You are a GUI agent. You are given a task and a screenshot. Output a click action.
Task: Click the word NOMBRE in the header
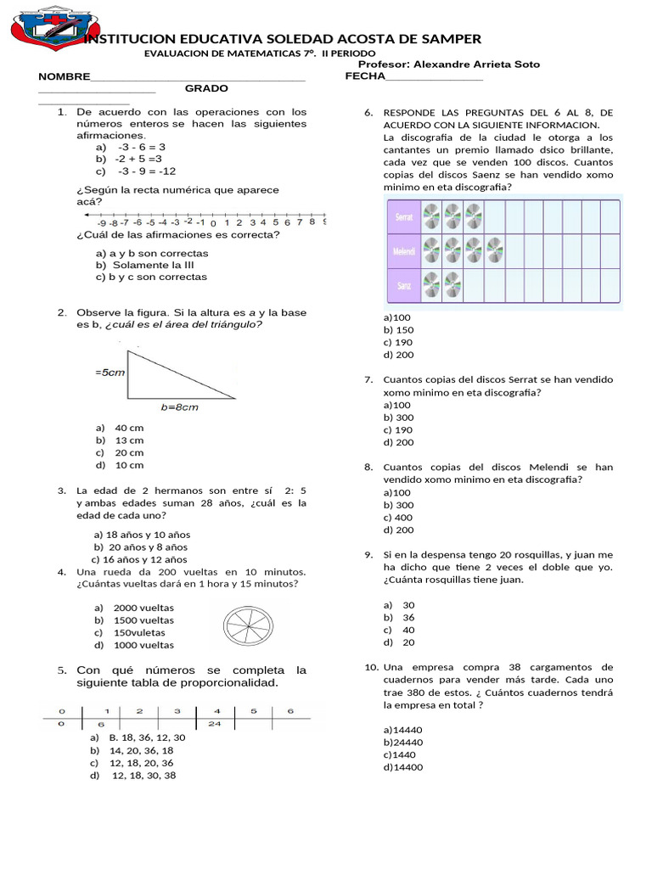coord(64,76)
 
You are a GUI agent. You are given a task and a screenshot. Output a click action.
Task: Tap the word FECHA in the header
coord(364,76)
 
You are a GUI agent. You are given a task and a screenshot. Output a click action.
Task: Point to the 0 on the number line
coord(213,223)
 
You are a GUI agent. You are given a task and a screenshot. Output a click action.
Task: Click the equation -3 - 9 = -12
coord(147,171)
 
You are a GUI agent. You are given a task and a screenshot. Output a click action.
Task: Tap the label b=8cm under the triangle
coord(179,407)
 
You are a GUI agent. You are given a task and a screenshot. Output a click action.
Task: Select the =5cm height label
coord(110,373)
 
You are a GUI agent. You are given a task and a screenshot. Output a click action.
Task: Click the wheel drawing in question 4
coord(248,626)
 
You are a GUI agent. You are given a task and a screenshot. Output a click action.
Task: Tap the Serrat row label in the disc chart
coord(404,216)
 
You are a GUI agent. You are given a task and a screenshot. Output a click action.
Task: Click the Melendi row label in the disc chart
coord(402,252)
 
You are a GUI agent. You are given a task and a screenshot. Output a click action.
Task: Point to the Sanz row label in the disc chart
coord(402,286)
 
